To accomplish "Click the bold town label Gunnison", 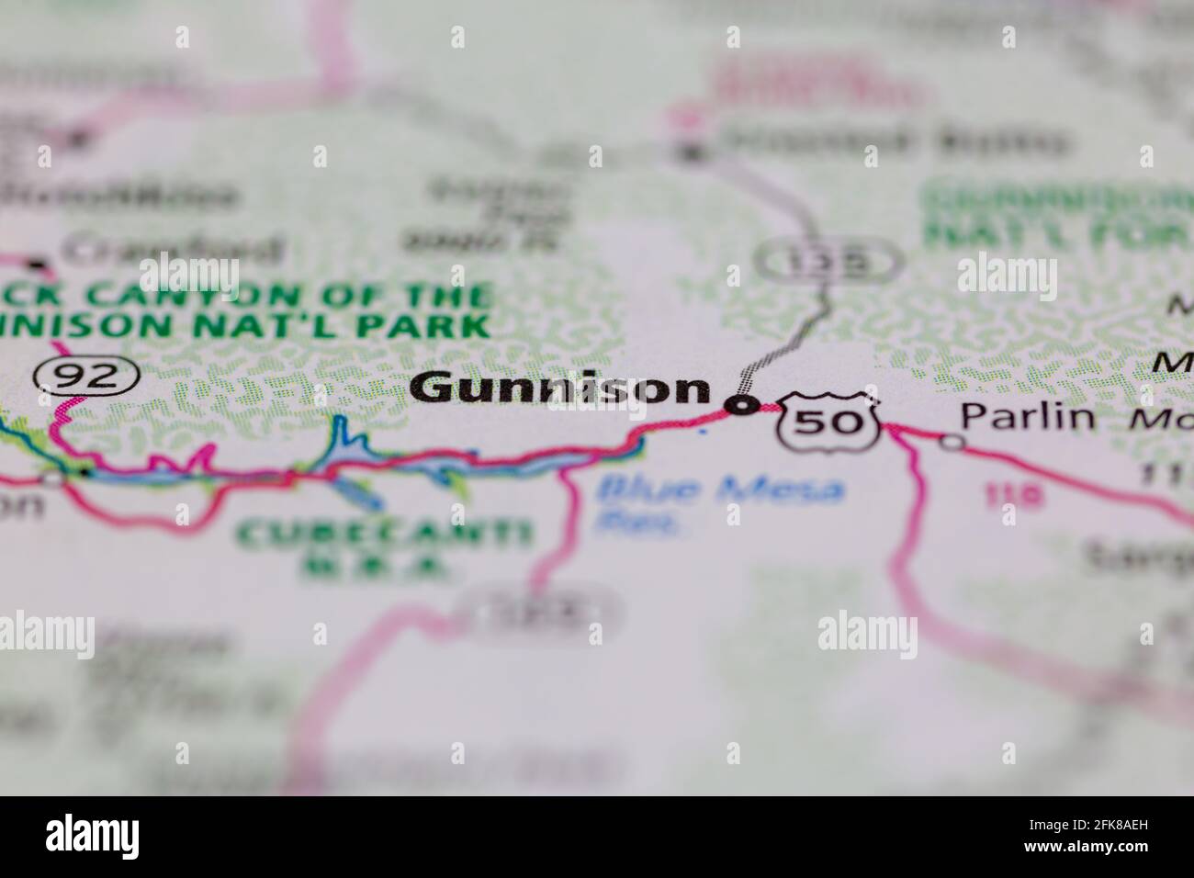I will pyautogui.click(x=560, y=389).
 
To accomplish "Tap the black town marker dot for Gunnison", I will pyautogui.click(x=741, y=404).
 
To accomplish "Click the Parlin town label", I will pyautogui.click(x=1028, y=418).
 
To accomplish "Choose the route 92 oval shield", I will pyautogui.click(x=87, y=375).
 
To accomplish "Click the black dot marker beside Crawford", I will pyautogui.click(x=38, y=265).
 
